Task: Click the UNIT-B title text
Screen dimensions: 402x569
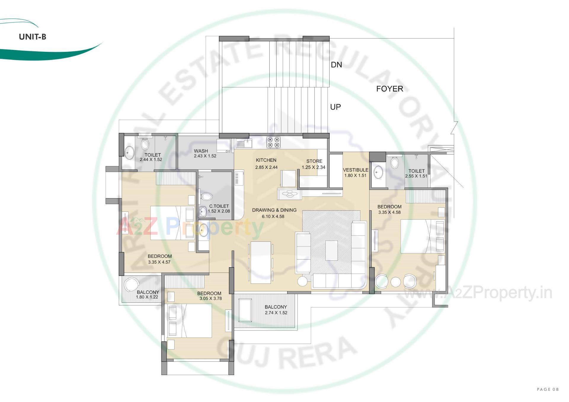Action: tap(33, 37)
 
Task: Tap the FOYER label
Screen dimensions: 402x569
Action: tap(389, 89)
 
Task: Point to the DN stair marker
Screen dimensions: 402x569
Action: tap(336, 65)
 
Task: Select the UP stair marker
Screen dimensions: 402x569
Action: tap(335, 107)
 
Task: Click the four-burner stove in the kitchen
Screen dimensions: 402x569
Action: tap(273, 142)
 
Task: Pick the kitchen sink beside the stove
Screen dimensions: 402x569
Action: tap(244, 144)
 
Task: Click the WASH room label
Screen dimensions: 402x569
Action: tap(201, 151)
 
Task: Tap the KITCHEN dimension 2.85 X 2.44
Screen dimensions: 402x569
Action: tap(266, 167)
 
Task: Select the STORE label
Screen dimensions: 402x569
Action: tap(314, 161)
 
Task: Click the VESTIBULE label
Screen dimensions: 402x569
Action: tap(356, 170)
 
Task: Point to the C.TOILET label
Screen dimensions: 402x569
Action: tap(219, 206)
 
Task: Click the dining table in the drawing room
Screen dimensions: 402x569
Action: tap(261, 262)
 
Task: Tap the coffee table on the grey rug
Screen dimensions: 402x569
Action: tap(332, 250)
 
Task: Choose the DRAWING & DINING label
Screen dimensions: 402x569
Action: tap(274, 210)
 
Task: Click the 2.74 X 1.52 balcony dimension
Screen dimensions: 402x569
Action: tap(276, 313)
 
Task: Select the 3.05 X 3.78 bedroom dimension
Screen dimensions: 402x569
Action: tap(211, 299)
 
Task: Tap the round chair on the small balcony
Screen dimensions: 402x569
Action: tap(131, 284)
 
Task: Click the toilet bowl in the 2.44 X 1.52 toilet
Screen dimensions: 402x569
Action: tap(145, 144)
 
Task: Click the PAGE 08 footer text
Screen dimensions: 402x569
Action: tap(548, 389)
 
